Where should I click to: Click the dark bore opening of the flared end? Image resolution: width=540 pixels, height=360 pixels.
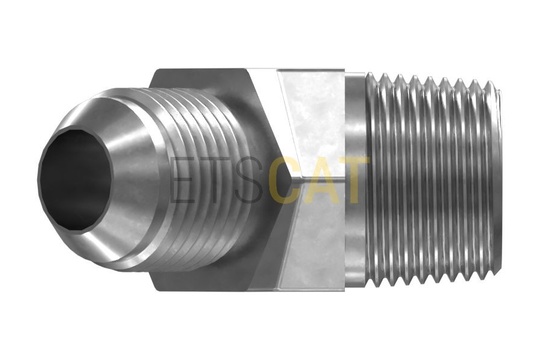pos(75,179)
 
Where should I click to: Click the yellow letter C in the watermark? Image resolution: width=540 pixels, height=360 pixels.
pos(281,179)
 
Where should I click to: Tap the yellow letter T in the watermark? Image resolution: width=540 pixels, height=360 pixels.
pos(355,179)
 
